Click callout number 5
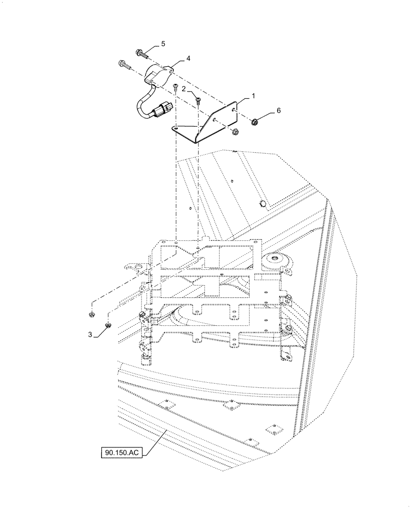point(163,44)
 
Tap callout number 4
point(188,59)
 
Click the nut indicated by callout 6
point(255,121)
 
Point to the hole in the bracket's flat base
point(175,128)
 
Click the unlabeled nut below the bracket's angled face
point(235,132)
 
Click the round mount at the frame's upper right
point(277,260)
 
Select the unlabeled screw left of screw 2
point(174,87)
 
